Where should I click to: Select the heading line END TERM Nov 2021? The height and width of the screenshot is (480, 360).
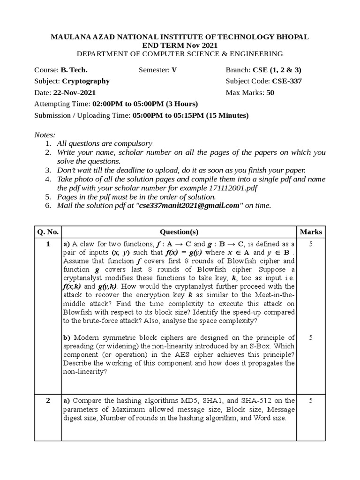click(180, 45)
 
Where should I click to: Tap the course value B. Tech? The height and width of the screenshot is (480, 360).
click(74, 70)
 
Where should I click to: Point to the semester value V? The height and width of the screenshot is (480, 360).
click(174, 70)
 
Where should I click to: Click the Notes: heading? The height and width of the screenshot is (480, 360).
click(45, 135)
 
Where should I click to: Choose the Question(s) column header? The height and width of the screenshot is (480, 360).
click(180, 232)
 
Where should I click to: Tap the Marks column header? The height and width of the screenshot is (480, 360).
click(311, 232)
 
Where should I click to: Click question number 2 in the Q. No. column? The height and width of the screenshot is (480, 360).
click(48, 400)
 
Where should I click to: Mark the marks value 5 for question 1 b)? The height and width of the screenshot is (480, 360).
click(311, 337)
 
